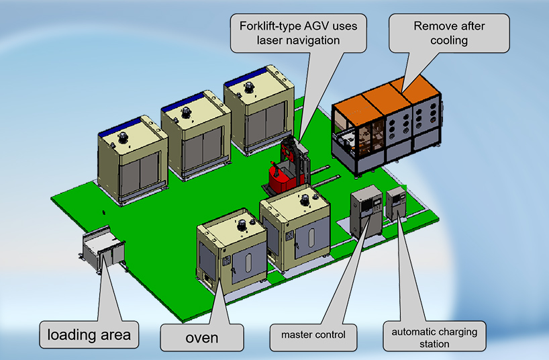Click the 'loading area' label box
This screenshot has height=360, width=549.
pos(89,333)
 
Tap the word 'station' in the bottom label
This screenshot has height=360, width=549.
pos(434,344)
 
